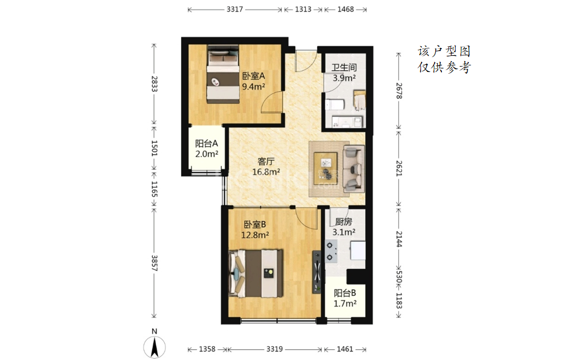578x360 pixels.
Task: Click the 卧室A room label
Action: point(253,76)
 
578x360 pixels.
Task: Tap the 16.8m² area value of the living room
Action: point(266,172)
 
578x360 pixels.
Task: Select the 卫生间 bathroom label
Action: point(344,67)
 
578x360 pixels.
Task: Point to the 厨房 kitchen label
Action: point(344,221)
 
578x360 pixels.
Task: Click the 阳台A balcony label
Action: point(206,143)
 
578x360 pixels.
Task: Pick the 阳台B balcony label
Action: point(345,293)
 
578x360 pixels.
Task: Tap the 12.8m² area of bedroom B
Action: point(255,235)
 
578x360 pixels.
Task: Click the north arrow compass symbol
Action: point(155,347)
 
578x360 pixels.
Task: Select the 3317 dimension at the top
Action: point(235,9)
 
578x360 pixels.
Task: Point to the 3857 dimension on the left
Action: point(154,263)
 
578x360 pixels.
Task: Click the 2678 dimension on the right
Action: point(399,91)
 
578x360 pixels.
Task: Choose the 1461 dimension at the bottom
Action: point(345,349)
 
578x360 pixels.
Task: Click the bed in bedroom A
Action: point(222,74)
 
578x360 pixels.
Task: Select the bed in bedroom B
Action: point(255,274)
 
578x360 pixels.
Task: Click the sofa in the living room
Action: point(354,169)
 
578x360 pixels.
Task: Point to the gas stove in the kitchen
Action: point(330,251)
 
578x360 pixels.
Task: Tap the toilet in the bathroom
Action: point(335,104)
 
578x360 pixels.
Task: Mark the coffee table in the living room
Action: point(325,168)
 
